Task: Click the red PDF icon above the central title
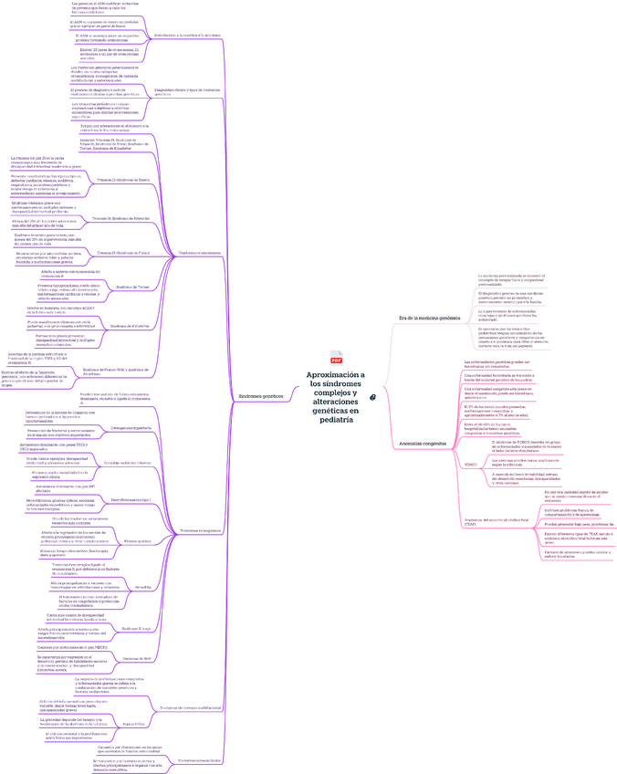point(336,361)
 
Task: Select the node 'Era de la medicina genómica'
point(429,318)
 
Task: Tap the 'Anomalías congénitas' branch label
point(423,443)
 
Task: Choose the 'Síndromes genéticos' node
point(260,397)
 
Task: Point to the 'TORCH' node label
point(471,464)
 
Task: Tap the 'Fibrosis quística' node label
point(137,540)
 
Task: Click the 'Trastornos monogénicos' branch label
point(200,531)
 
